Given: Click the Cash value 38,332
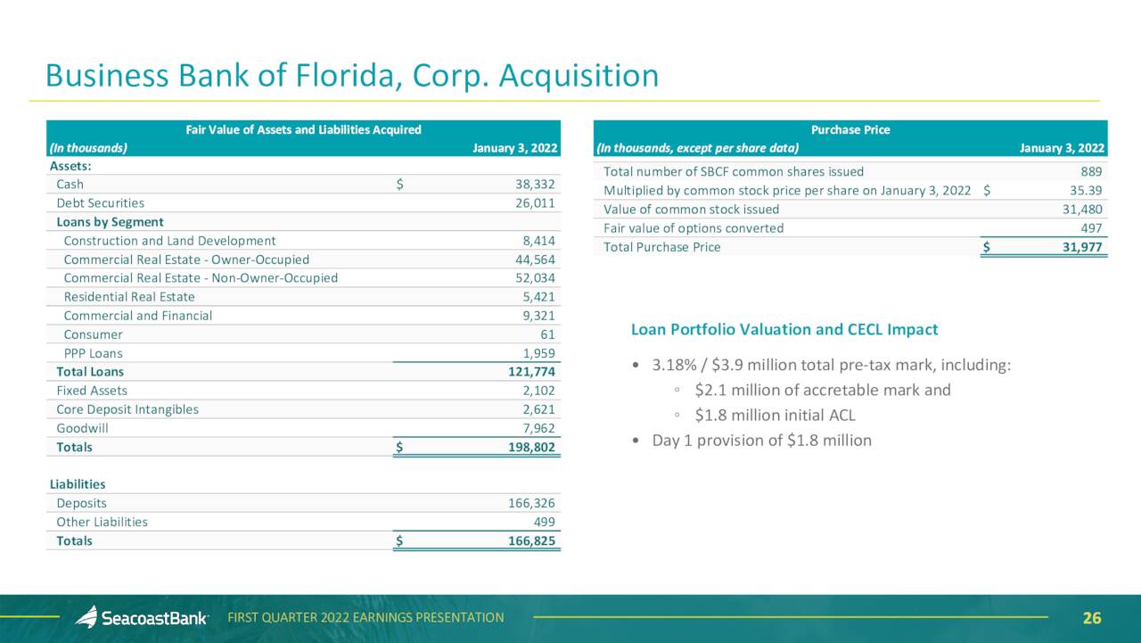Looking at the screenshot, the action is [x=535, y=185].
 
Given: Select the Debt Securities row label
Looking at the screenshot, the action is [x=101, y=203].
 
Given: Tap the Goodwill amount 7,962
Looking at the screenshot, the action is [x=538, y=428].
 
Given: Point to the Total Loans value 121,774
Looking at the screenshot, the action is [x=531, y=372].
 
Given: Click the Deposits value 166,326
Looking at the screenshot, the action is [x=531, y=503].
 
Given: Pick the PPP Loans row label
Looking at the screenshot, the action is [x=94, y=353].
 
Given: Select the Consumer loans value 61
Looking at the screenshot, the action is [x=547, y=334].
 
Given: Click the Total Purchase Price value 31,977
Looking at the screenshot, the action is [x=1082, y=247].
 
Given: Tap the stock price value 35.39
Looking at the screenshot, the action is [x=1086, y=191].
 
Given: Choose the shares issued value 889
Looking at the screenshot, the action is [x=1091, y=172].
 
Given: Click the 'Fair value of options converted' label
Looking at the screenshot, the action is [x=694, y=228].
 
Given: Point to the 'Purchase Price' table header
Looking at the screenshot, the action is [x=850, y=130].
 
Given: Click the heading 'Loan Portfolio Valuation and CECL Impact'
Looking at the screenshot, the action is [x=784, y=330].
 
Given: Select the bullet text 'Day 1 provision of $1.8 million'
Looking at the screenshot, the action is [x=762, y=441].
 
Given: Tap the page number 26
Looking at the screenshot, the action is [x=1092, y=618].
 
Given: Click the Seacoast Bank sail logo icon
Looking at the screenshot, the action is [x=86, y=617].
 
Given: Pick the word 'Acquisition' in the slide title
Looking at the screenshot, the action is [x=579, y=76].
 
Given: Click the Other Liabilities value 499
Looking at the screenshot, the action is [x=544, y=523].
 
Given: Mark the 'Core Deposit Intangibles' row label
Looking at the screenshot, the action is [x=127, y=409].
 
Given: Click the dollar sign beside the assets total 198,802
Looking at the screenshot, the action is [x=399, y=448].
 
